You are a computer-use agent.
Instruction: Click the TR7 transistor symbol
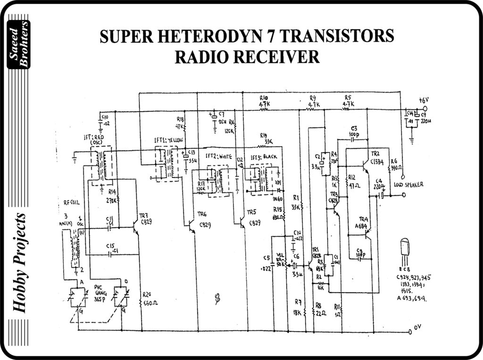136,227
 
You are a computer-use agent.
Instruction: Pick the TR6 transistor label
204,221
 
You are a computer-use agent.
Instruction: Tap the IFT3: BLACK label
265,157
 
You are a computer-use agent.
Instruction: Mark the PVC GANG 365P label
100,293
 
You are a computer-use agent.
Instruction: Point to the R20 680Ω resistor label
150,299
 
